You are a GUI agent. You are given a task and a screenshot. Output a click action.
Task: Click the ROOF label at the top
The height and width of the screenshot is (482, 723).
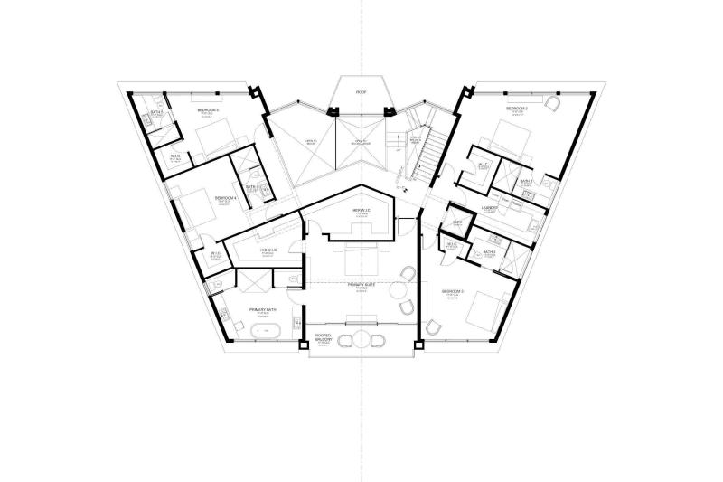pyautogui.click(x=361, y=92)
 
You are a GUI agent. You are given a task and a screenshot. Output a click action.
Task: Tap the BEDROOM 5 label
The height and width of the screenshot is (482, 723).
pyautogui.click(x=209, y=109)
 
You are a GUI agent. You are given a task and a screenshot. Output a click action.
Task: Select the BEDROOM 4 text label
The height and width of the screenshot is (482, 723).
pyautogui.click(x=225, y=196)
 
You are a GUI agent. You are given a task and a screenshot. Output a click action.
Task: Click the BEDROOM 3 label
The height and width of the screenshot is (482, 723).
pyautogui.click(x=453, y=291)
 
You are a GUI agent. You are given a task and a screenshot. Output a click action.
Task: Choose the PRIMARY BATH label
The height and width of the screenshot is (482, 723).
pyautogui.click(x=263, y=310)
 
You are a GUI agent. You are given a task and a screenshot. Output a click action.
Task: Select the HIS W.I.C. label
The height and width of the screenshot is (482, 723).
pyautogui.click(x=268, y=250)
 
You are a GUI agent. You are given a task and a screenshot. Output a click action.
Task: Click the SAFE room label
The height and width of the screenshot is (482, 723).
pyautogui.click(x=457, y=222)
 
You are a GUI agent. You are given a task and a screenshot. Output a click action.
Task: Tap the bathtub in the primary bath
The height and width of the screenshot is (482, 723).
pyautogui.click(x=265, y=332)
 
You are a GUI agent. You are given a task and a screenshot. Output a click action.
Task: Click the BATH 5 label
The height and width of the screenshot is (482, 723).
pyautogui.click(x=155, y=112)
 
